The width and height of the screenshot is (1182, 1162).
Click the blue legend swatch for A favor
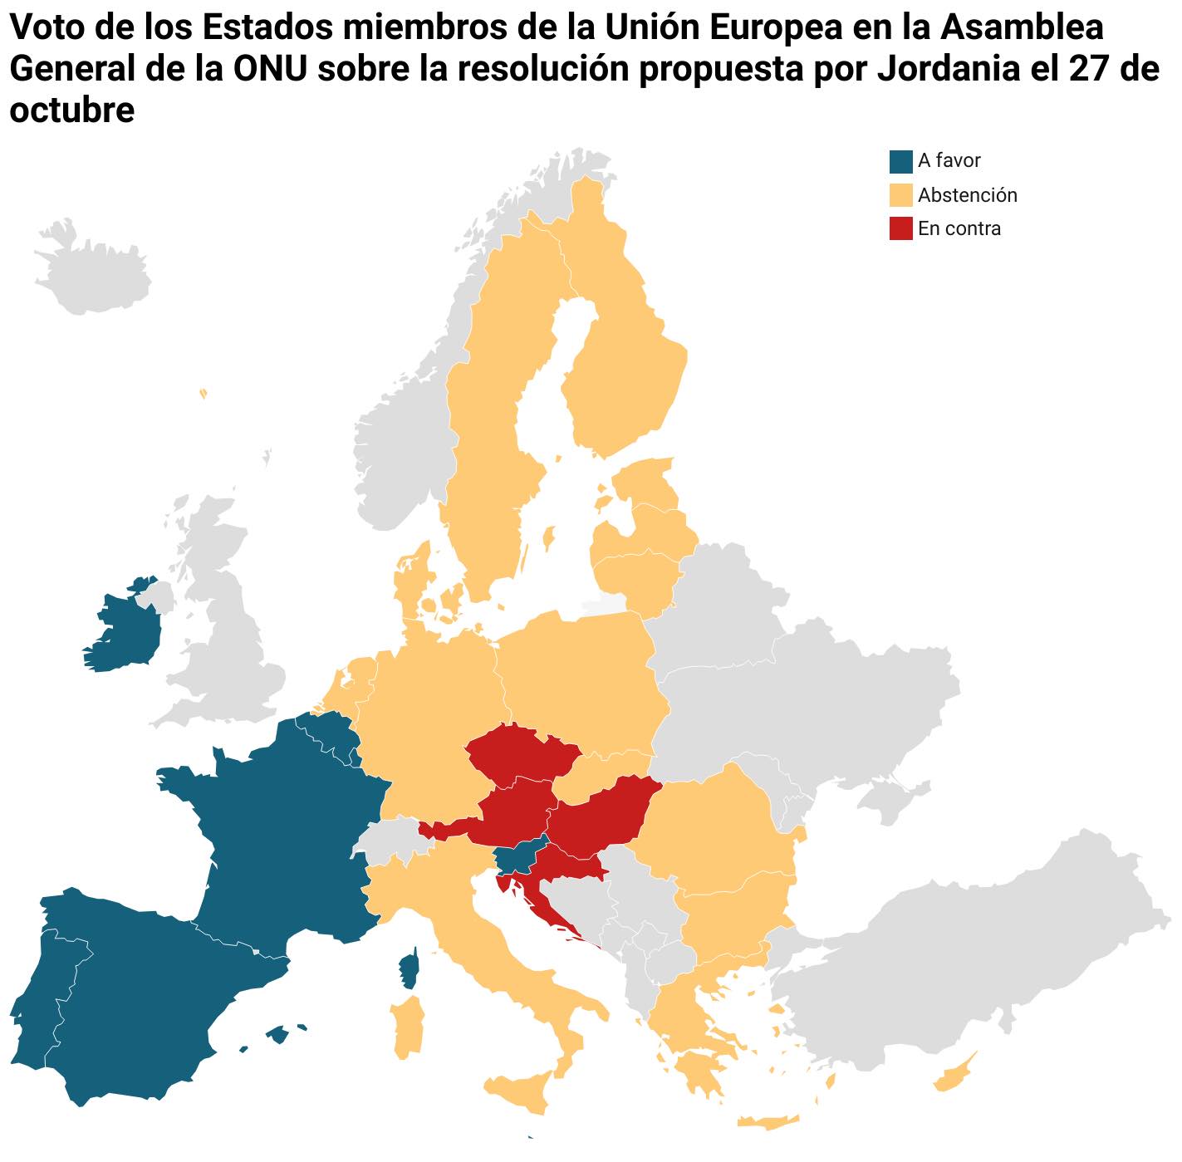900,161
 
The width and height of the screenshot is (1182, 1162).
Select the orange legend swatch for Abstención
900,195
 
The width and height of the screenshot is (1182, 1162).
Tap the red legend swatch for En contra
900,228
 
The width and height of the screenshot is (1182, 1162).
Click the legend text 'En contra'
959,228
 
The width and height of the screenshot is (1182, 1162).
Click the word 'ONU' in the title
267,69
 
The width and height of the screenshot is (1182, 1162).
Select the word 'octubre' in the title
71,110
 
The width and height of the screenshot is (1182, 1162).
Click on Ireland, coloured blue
125,631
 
